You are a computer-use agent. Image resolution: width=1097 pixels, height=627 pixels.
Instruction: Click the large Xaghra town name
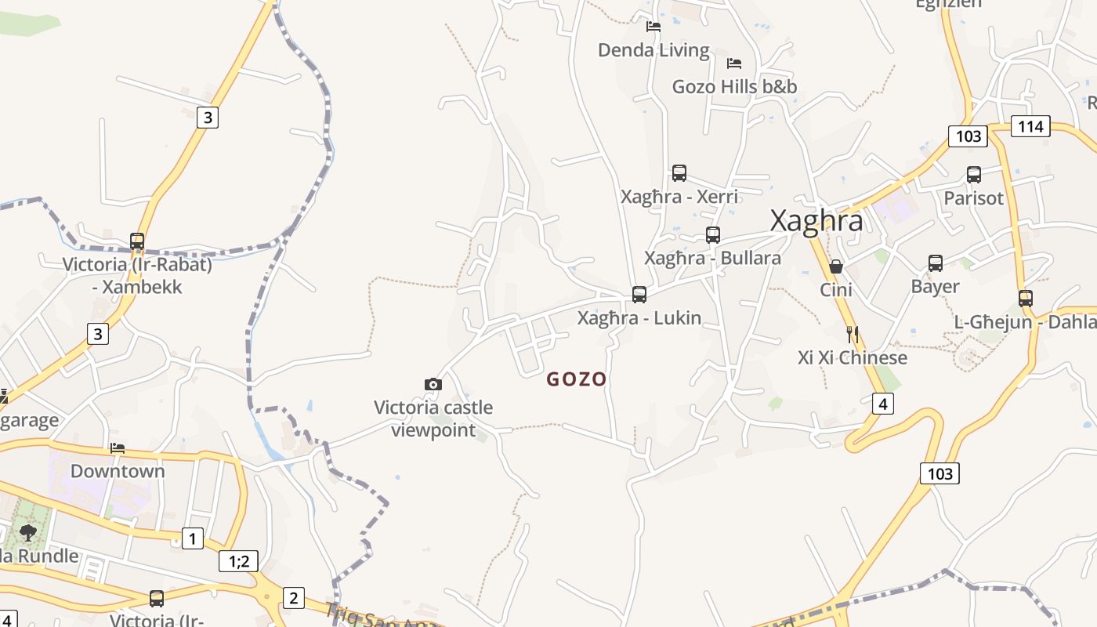point(816,221)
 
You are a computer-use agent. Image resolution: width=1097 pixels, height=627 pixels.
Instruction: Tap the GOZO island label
point(577,379)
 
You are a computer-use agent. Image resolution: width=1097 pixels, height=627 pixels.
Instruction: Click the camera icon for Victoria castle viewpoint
point(433,384)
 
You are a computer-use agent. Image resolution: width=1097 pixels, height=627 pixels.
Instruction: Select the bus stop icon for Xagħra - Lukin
point(639,295)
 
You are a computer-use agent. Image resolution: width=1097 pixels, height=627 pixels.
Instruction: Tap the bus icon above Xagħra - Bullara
point(712,235)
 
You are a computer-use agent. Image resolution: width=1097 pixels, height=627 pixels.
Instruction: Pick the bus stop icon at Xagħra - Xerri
point(679,173)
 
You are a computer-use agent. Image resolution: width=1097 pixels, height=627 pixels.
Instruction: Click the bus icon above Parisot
point(974,175)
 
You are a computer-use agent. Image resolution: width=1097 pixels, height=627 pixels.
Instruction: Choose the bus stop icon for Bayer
point(936,263)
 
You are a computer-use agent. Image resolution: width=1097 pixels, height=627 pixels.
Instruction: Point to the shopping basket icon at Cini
point(836,266)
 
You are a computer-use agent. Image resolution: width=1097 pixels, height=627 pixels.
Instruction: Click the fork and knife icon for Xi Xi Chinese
point(853,335)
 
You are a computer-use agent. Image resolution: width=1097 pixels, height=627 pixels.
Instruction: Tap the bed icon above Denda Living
point(653,27)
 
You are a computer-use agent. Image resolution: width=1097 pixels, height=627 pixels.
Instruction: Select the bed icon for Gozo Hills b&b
point(734,63)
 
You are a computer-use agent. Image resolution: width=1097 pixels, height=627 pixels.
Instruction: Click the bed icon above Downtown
point(118,448)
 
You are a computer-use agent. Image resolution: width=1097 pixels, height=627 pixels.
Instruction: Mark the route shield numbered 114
point(1030,125)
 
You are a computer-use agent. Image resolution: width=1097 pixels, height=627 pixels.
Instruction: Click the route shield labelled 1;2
point(238,561)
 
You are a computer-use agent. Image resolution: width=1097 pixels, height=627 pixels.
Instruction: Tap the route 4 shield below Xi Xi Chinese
point(883,404)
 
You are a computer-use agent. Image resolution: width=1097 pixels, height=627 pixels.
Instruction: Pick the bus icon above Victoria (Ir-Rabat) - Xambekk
point(137,241)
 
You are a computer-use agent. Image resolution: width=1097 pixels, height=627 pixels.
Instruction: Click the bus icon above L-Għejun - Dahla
point(1026,298)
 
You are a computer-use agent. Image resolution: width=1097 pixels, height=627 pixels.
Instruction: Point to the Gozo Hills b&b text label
point(734,86)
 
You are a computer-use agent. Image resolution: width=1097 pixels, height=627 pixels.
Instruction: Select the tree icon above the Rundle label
point(28,533)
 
